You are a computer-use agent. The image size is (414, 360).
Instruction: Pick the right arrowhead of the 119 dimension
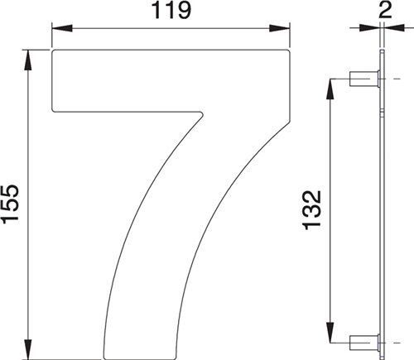click(286, 29)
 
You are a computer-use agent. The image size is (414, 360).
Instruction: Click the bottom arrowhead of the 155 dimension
click(30, 353)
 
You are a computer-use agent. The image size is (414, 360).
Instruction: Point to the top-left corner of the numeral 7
click(54, 52)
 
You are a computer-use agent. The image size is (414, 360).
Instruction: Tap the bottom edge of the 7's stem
click(141, 358)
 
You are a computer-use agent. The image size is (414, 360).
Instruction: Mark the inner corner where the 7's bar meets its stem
click(201, 111)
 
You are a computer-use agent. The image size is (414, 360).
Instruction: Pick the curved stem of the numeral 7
click(166, 248)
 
